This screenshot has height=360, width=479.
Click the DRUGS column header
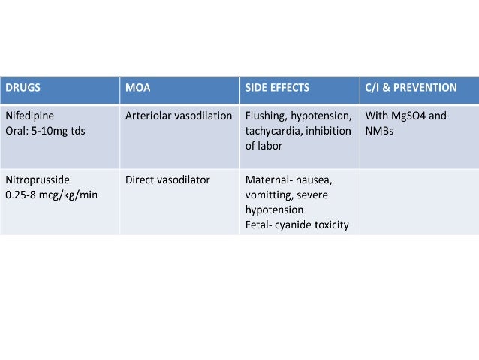pyautogui.click(x=23, y=87)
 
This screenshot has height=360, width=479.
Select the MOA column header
pyautogui.click(x=138, y=87)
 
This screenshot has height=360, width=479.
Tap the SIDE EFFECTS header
pyautogui.click(x=277, y=87)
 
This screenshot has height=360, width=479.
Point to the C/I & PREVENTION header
pyautogui.click(x=411, y=87)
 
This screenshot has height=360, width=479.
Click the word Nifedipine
pyautogui.click(x=30, y=116)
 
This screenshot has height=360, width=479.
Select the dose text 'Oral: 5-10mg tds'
pyautogui.click(x=44, y=131)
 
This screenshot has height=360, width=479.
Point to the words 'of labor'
pyautogui.click(x=264, y=145)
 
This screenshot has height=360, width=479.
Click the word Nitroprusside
pyautogui.click(x=36, y=180)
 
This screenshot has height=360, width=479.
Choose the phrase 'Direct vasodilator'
pyautogui.click(x=167, y=180)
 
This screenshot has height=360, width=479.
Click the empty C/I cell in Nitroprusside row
pyautogui.click(x=419, y=201)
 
